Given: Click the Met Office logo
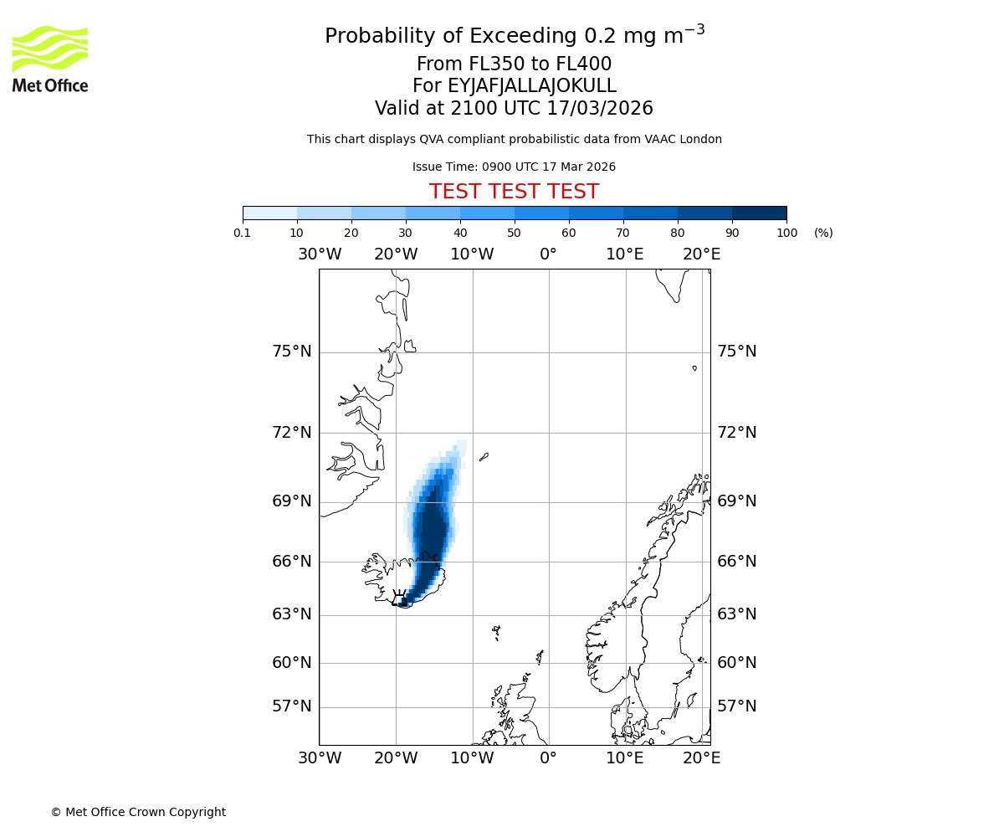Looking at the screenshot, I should [50, 59].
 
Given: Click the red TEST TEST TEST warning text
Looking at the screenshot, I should [514, 192].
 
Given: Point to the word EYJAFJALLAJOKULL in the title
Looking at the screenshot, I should [532, 86].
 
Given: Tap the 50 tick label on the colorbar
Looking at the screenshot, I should [514, 233].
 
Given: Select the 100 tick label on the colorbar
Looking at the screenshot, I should [786, 233].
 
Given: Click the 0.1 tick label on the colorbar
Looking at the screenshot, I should [243, 233].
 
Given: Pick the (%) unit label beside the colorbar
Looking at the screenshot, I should [823, 233].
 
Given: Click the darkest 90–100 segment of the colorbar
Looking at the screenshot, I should [759, 213].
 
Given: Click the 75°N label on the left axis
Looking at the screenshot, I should [291, 352].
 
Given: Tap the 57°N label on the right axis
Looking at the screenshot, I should [736, 706].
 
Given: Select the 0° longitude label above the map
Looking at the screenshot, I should [548, 254].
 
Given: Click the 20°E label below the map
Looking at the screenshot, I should [701, 758].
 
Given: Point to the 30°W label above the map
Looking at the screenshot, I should [319, 254].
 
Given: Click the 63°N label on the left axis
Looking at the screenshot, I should [291, 614].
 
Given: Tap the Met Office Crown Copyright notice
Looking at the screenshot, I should [138, 812].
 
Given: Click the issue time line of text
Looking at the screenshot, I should [514, 167].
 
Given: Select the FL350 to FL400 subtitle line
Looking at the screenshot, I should [514, 64].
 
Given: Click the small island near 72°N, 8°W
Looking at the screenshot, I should [484, 457].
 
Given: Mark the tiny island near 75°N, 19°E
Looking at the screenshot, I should [694, 367].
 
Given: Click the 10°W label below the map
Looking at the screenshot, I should [472, 758].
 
